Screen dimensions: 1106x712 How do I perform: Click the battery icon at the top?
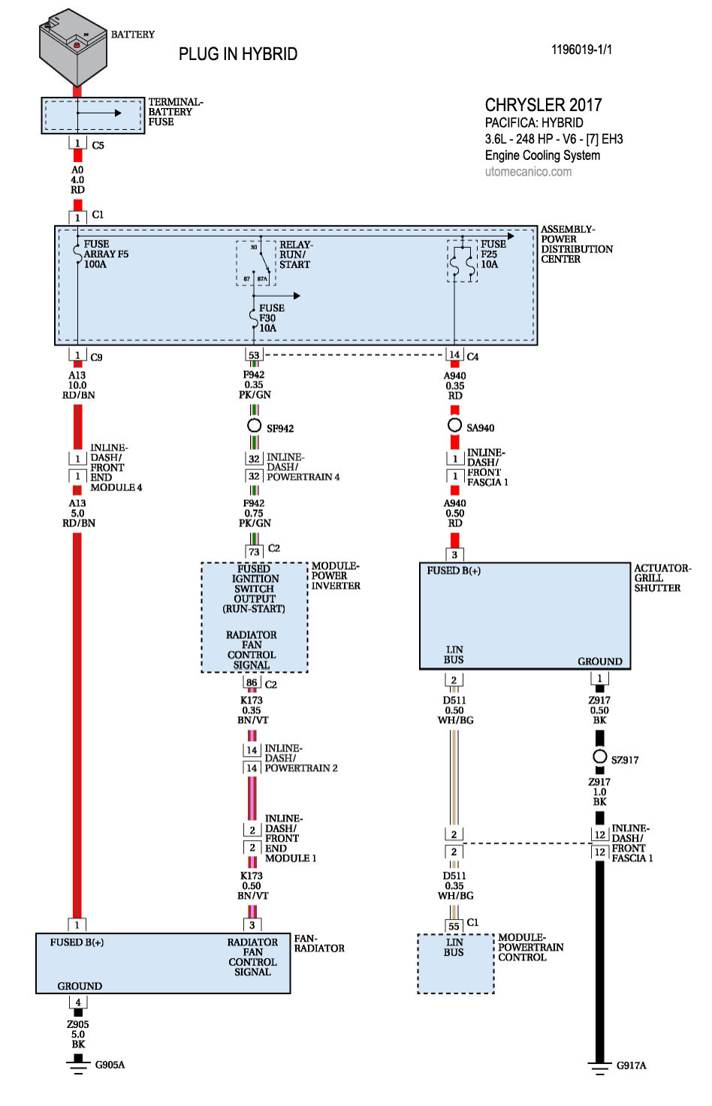73,47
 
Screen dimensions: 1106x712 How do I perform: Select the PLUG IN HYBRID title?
237,54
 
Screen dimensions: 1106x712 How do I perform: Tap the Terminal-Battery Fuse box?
92,116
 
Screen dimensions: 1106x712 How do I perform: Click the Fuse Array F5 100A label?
106,255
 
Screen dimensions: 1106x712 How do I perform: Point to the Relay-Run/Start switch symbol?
257,263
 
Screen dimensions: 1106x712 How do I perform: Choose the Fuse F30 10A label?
271,318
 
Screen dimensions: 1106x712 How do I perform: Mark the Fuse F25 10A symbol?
462,261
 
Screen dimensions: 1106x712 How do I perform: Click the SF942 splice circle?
255,426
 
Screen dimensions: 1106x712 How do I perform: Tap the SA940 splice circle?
454,425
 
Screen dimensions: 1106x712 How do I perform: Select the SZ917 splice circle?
599,757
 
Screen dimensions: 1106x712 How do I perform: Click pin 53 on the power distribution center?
254,355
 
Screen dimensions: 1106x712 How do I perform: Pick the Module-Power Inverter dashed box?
255,617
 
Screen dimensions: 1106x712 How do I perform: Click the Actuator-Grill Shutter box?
524,616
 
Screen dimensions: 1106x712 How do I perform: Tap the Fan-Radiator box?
163,963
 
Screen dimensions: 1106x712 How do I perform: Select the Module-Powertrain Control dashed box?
455,964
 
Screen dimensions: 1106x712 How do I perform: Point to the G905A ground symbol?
77,1064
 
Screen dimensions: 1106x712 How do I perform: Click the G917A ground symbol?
599,1066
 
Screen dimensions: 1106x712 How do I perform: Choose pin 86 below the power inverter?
252,683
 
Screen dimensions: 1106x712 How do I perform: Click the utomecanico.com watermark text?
528,172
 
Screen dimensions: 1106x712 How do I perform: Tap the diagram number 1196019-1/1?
581,50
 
